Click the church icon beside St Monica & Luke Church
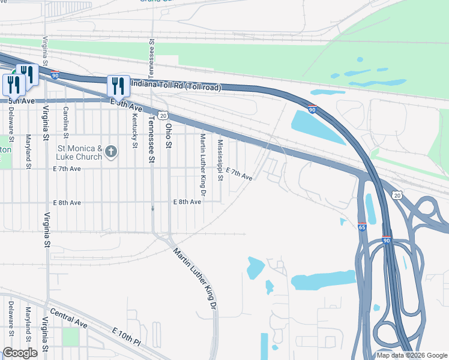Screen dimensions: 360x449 (x=111, y=152)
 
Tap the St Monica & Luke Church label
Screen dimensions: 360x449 (x=76, y=152)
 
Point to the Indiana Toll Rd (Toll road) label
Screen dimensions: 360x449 (x=174, y=86)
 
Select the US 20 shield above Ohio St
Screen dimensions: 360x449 (x=163, y=115)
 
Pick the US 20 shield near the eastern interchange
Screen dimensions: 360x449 (x=397, y=195)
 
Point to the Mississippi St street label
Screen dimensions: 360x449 (x=220, y=160)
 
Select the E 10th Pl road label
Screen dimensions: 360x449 (x=126, y=337)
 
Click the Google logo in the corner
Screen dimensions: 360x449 (x=20, y=352)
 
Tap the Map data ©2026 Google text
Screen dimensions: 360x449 (x=411, y=355)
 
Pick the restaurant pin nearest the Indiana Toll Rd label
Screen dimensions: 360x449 (x=118, y=86)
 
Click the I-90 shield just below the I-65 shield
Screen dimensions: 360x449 (x=387, y=239)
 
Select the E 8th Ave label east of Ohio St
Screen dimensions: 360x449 (x=187, y=202)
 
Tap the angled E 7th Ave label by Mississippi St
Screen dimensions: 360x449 (x=240, y=175)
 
